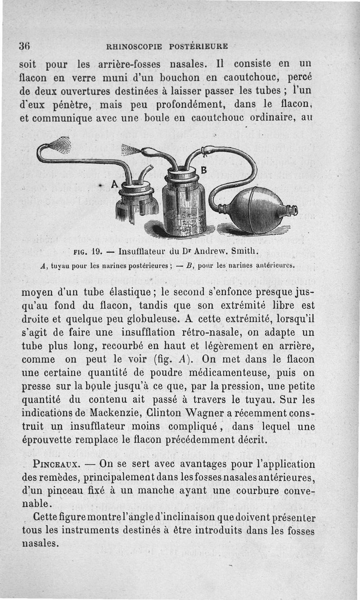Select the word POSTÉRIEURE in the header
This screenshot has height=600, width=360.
pos(198,46)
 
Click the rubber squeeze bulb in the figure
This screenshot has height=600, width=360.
pos(257,209)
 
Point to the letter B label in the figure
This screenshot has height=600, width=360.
pos(203,170)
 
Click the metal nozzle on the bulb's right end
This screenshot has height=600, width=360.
pos(292,210)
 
